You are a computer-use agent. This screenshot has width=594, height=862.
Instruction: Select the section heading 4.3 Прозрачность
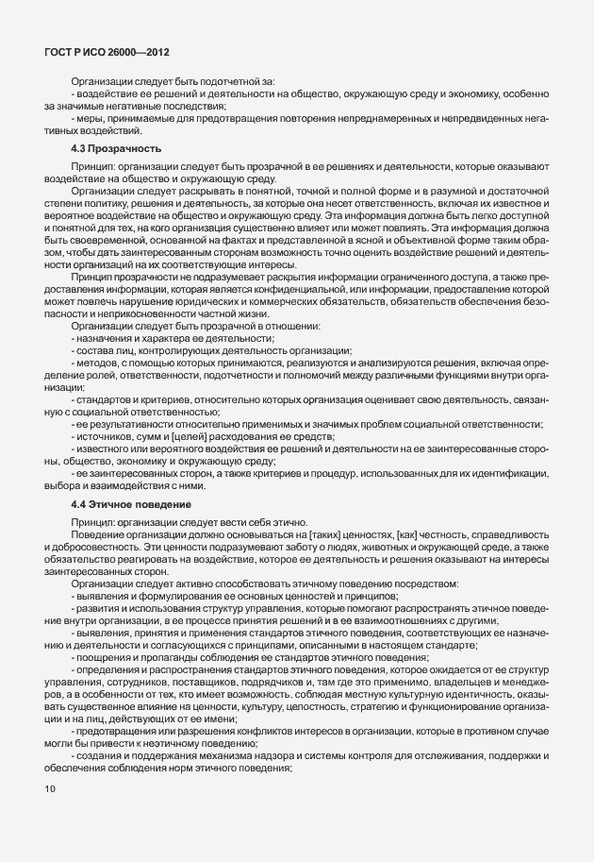tap(118, 149)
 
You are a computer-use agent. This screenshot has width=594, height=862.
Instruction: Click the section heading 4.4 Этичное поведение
tap(127, 506)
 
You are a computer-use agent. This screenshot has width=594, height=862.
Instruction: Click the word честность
tap(454, 537)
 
